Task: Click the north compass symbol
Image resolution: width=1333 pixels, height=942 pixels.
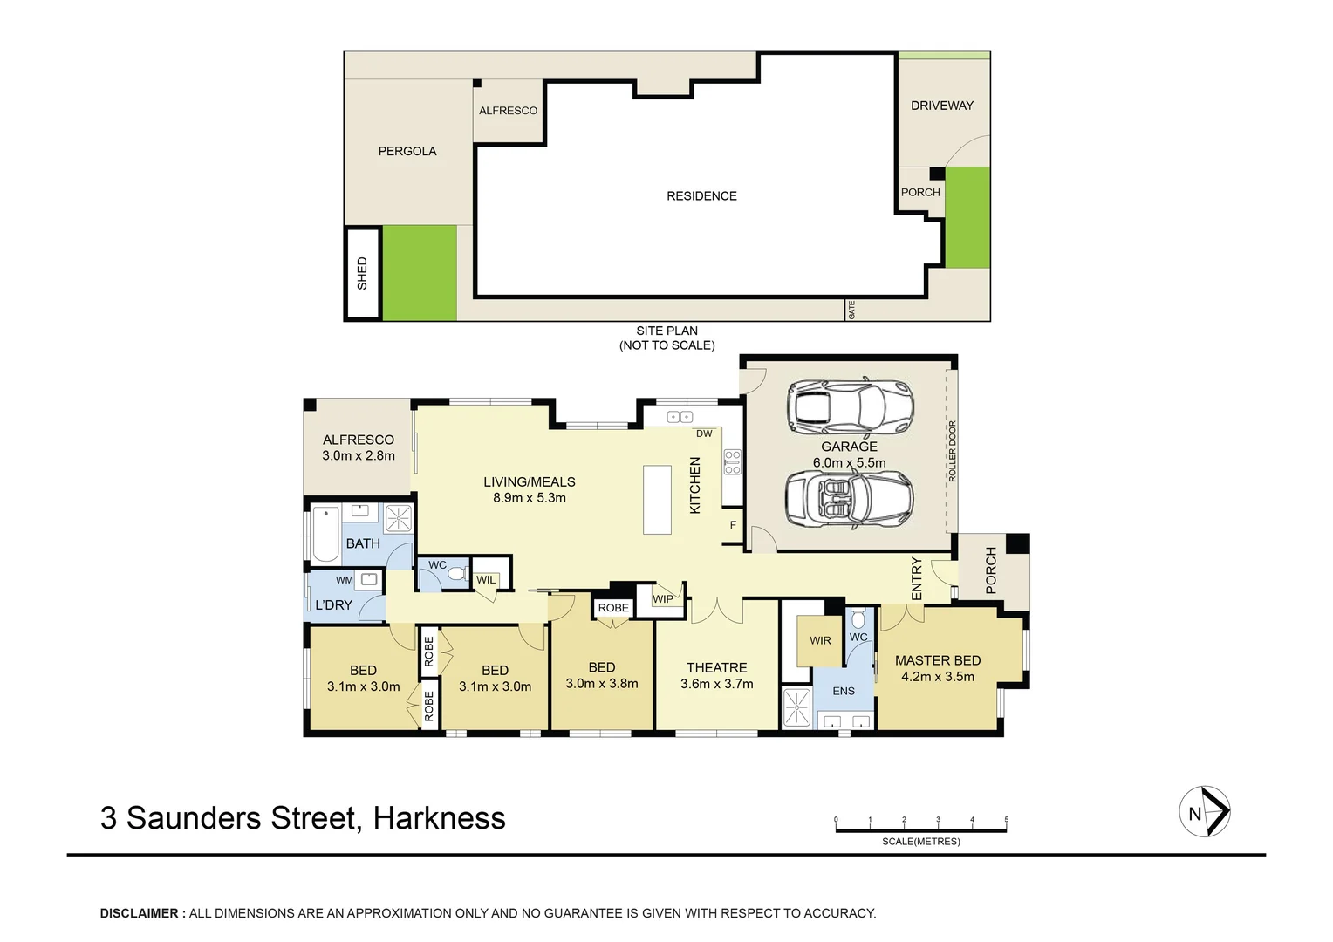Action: coord(1204,813)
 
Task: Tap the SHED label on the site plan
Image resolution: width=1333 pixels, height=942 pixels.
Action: coord(362,273)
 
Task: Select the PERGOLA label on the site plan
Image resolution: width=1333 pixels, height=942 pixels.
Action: coord(407,151)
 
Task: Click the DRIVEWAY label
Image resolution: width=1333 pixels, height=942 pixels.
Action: coord(941,106)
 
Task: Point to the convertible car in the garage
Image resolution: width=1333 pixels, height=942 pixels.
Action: coord(848,501)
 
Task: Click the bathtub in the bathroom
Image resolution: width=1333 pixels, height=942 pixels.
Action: coord(325,533)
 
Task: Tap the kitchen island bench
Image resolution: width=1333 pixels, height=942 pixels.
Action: coord(658,499)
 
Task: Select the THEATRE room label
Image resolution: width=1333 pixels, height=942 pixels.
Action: coord(716,667)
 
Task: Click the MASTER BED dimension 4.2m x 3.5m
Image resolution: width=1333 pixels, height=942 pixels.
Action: coord(938,677)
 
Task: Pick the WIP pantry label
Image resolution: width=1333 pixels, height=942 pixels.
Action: coord(663,599)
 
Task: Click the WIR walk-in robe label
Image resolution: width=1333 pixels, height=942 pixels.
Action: coord(820,640)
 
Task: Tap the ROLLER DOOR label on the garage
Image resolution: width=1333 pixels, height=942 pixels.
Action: coord(952,451)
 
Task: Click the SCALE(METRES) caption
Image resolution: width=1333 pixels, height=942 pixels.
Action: coord(920,842)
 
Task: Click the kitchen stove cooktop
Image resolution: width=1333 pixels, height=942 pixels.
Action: coord(732,461)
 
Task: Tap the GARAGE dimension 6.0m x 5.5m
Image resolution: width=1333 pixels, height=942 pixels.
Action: coord(848,463)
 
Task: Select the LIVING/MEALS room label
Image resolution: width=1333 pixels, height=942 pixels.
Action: coord(529,481)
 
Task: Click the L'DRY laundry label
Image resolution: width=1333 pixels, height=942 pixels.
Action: coord(333,604)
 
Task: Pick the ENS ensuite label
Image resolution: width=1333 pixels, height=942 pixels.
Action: coord(843,691)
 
